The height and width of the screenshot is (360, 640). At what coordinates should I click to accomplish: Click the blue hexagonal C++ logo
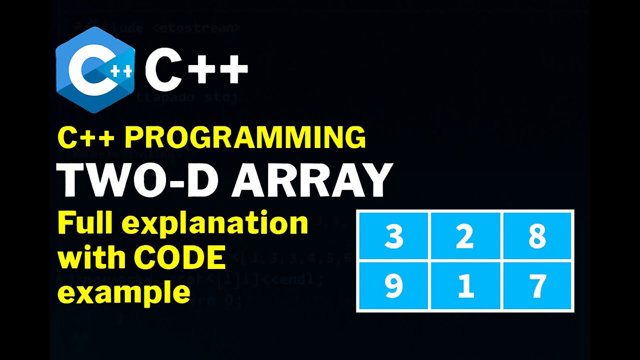point(95,70)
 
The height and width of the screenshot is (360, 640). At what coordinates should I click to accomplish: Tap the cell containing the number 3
point(393,236)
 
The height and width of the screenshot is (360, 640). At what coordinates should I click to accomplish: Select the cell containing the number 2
point(465,236)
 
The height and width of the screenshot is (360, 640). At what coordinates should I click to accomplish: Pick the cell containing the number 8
point(537,236)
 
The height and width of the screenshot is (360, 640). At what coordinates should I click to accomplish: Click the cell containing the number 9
point(393,286)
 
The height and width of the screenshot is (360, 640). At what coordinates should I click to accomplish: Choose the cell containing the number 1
point(465,286)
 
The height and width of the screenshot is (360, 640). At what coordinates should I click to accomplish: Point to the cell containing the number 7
point(537,286)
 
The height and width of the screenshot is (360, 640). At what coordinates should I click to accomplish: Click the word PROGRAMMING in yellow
point(245,138)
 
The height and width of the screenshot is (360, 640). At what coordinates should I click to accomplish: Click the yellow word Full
point(88,223)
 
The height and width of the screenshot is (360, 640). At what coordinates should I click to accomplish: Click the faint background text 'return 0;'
point(210,300)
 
